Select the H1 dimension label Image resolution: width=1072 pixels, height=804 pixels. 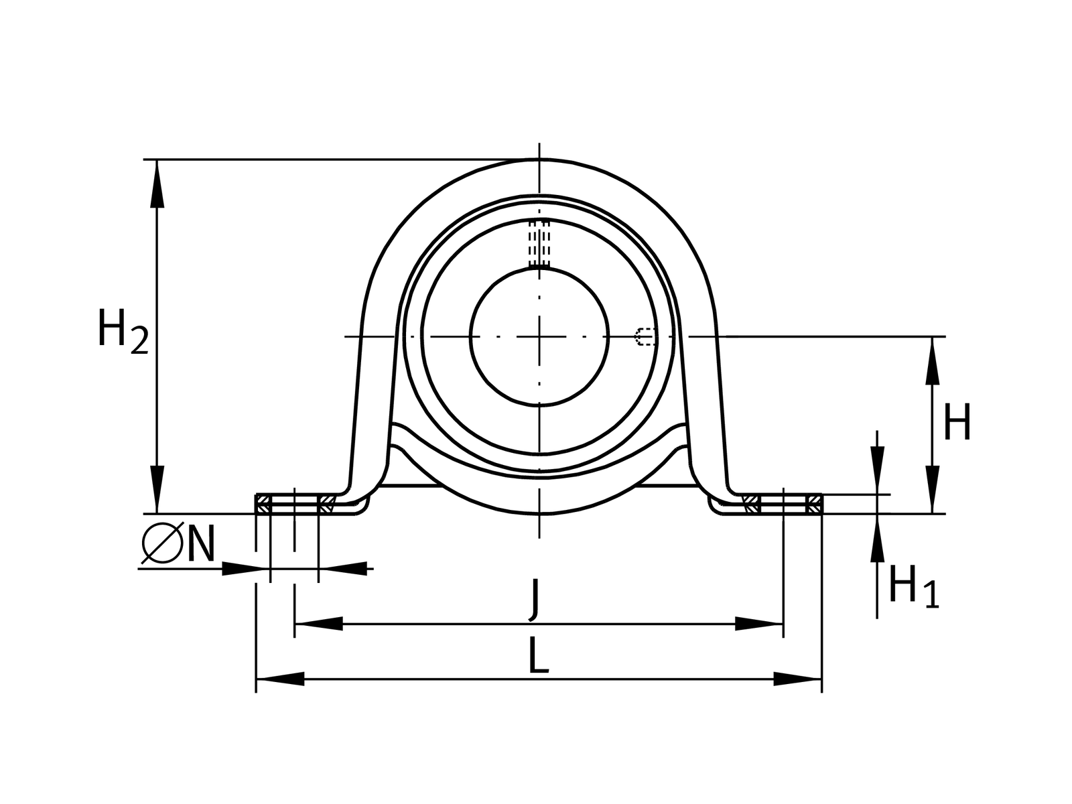click(x=913, y=586)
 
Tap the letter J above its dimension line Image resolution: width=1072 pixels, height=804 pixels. click(x=534, y=598)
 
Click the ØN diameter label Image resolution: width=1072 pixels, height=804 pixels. click(x=178, y=543)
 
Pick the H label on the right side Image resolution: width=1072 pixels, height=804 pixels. click(x=957, y=423)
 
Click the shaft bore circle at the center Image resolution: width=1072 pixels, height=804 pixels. click(x=539, y=336)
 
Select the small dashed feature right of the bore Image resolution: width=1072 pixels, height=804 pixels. click(x=645, y=336)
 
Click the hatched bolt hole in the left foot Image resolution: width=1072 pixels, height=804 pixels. click(x=295, y=504)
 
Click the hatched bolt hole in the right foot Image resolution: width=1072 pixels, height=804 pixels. click(x=783, y=504)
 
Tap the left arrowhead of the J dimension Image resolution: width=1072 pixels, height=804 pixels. click(x=318, y=624)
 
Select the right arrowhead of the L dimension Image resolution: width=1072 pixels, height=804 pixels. click(x=797, y=679)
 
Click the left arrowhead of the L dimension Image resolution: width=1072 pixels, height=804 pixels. click(x=280, y=679)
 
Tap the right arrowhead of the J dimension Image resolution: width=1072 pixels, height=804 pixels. click(x=759, y=624)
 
